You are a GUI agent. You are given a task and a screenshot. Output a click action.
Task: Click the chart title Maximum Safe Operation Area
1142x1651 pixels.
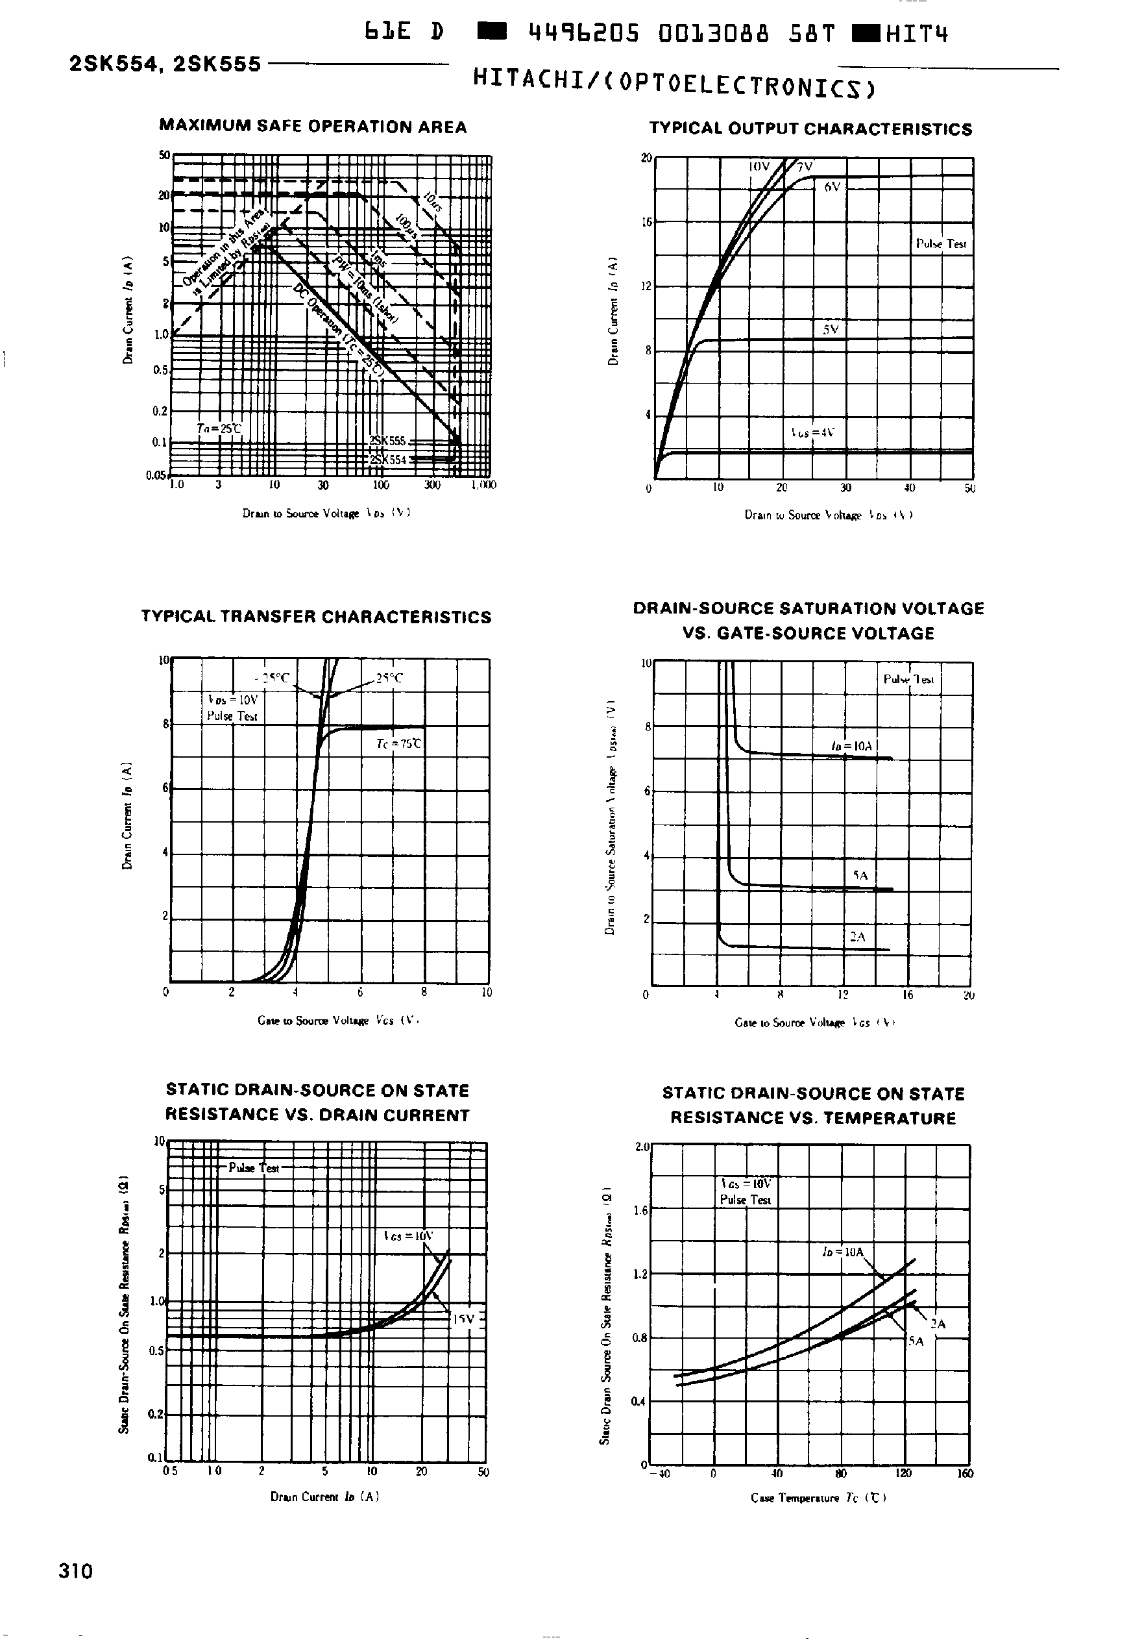tap(313, 127)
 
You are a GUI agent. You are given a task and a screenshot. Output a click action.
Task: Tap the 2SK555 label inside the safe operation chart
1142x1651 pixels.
tap(388, 441)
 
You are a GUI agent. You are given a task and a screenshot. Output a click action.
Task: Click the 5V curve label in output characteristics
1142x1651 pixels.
tap(830, 330)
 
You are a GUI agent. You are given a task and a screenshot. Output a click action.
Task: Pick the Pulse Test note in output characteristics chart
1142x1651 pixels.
tap(941, 244)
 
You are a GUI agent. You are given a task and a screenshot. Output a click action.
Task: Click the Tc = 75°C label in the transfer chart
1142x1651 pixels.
tap(398, 744)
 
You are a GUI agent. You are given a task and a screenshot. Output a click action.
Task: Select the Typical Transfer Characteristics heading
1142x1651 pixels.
tap(316, 617)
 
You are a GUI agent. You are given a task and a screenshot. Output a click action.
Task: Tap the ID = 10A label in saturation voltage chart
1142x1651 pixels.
tap(851, 746)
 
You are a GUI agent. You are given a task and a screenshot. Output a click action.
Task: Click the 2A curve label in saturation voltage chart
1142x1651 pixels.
tap(857, 936)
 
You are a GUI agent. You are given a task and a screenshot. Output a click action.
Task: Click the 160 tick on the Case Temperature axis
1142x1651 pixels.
tap(965, 1474)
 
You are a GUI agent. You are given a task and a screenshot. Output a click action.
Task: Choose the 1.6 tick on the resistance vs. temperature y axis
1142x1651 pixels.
tap(641, 1210)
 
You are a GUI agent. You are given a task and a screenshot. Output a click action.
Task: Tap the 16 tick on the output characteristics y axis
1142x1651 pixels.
tap(647, 223)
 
